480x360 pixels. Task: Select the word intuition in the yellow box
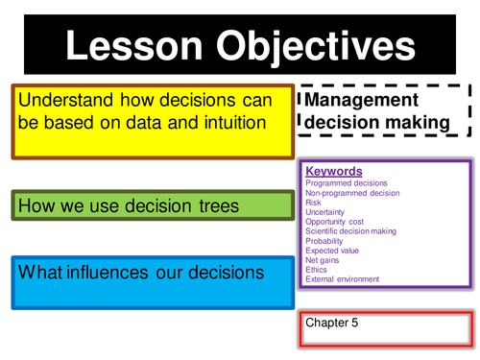[227, 123]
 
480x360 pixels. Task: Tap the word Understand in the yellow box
[63, 100]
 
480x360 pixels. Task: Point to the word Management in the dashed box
[361, 100]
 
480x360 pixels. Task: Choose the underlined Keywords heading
[334, 172]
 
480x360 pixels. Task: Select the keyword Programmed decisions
[347, 183]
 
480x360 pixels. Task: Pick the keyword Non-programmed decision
[352, 193]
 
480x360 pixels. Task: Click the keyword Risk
[313, 203]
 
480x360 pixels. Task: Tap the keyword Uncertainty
[325, 212]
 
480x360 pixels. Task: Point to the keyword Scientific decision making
[352, 231]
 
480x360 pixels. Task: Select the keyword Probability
[324, 241]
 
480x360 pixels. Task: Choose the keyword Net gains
[324, 260]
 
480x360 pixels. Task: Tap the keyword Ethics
[316, 270]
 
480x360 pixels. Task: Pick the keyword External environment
[342, 279]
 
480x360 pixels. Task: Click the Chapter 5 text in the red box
[331, 323]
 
